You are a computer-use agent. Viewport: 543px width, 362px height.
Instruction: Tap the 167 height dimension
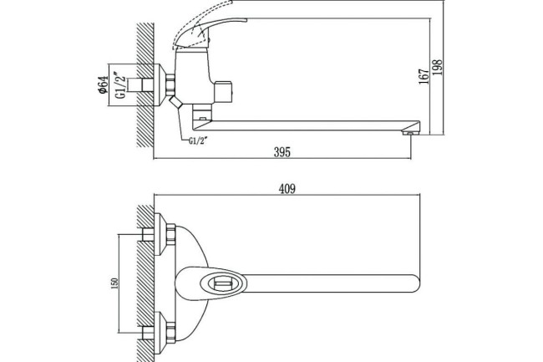[425, 74]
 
